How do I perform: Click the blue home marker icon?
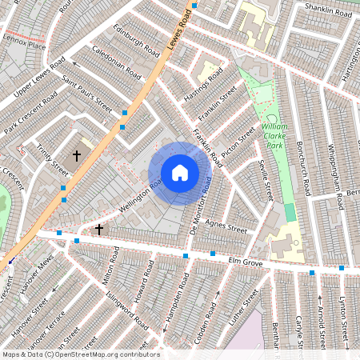coord(180,173)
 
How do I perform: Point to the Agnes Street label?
coord(225,226)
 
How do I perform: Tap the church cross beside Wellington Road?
coord(99,230)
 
